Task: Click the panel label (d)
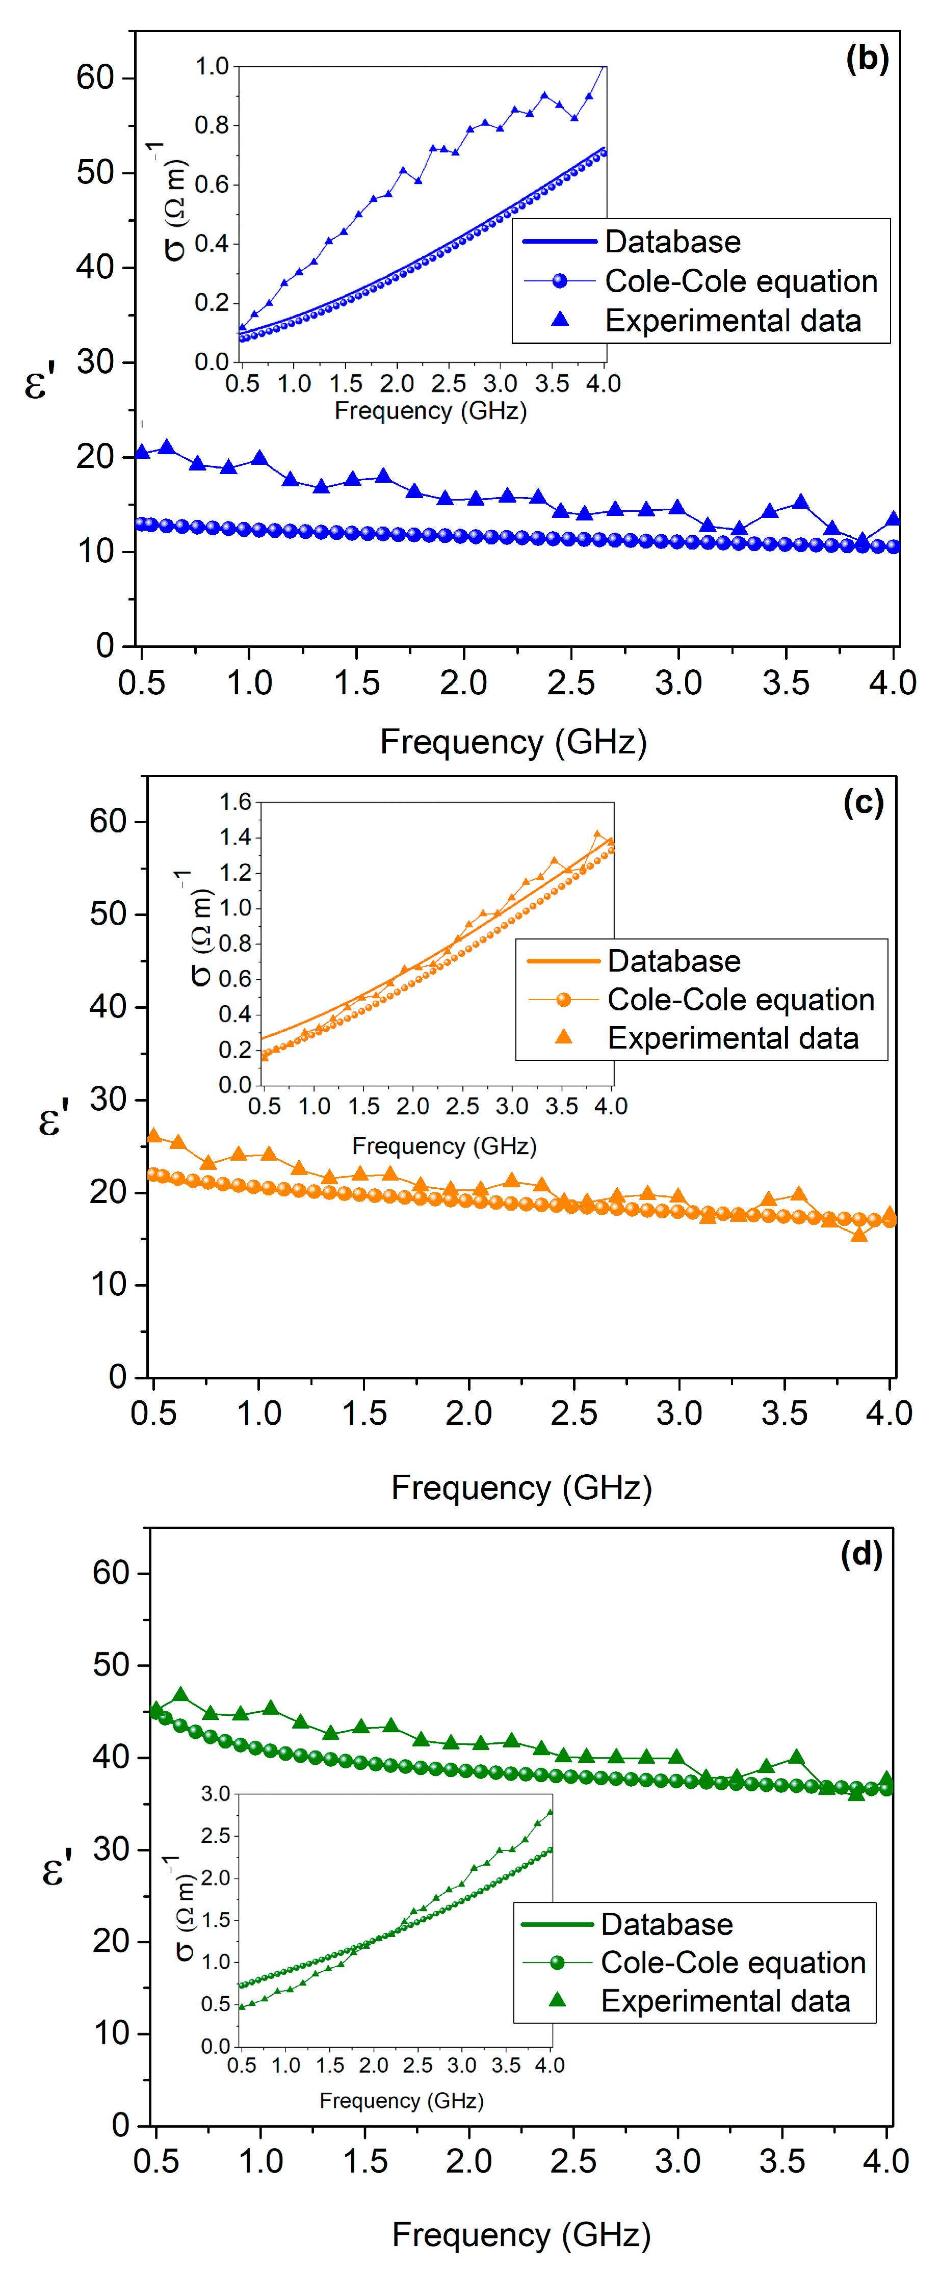tap(860, 1553)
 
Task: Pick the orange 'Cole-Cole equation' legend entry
tap(740, 1000)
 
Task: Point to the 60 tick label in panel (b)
tap(95, 77)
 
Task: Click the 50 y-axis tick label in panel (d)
tap(111, 1665)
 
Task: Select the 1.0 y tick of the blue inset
tap(212, 66)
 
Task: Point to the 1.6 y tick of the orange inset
tap(235, 801)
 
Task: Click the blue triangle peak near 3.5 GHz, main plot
tap(801, 502)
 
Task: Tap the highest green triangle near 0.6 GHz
tap(181, 1695)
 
